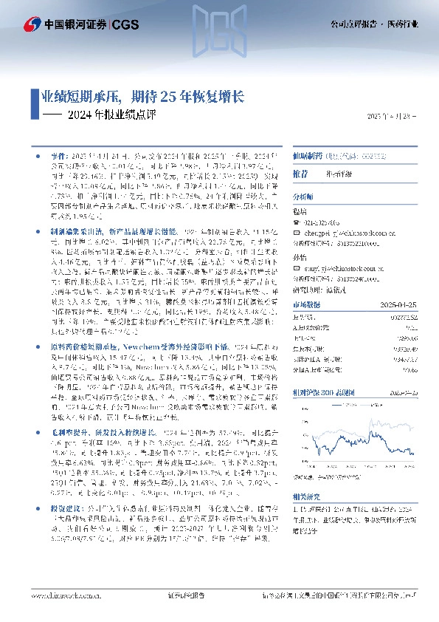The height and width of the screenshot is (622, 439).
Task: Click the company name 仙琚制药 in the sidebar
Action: pyautogui.click(x=306, y=157)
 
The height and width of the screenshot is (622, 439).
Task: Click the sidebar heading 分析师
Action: pyautogui.click(x=303, y=197)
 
